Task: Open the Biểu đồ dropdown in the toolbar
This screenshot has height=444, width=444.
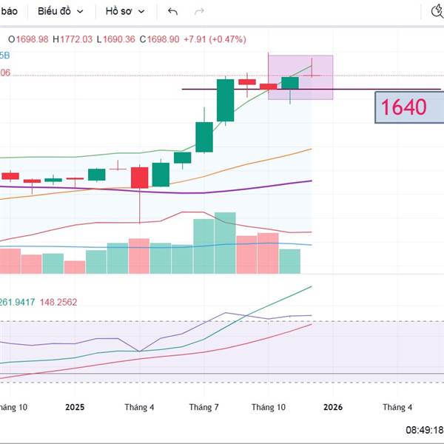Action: pyautogui.click(x=61, y=12)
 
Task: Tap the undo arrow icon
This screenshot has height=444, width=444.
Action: pyautogui.click(x=173, y=12)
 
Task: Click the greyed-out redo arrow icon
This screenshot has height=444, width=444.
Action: pyautogui.click(x=198, y=12)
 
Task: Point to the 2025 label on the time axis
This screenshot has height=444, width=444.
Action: pyautogui.click(x=75, y=407)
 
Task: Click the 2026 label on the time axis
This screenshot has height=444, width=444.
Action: pyautogui.click(x=331, y=407)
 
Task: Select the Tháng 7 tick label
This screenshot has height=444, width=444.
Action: pyautogui.click(x=203, y=407)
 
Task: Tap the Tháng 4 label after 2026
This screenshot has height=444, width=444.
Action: pyautogui.click(x=397, y=407)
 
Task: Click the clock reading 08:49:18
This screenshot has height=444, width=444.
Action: pyautogui.click(x=424, y=429)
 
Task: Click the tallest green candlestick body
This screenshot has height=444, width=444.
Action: pyautogui.click(x=225, y=100)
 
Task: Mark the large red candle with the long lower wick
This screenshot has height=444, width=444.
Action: pyautogui.click(x=140, y=177)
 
